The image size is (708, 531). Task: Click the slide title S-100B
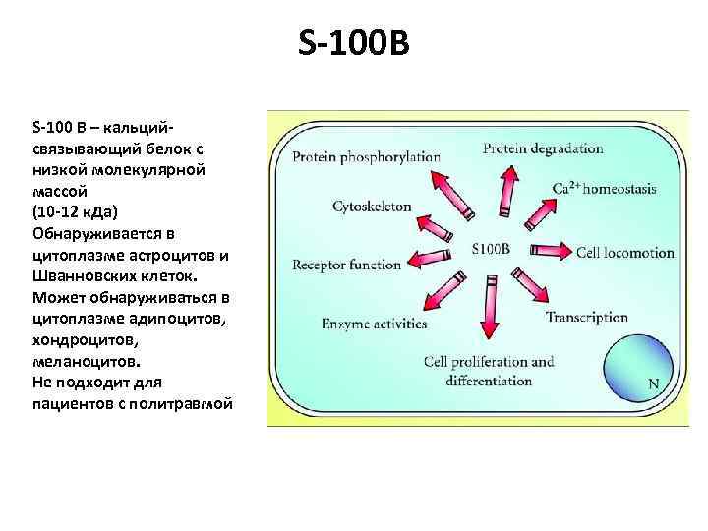tap(351, 43)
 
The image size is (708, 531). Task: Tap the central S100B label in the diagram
tap(491, 248)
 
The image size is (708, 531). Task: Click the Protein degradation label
tap(543, 148)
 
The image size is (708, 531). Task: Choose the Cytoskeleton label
tap(372, 206)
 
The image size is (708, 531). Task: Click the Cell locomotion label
tap(625, 253)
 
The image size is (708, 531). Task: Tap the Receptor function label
tap(347, 265)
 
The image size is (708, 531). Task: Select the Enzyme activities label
tap(374, 324)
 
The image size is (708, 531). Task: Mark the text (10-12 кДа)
tap(75, 212)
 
